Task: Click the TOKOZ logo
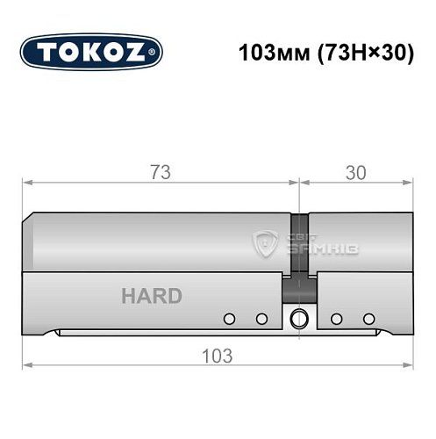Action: click(x=90, y=51)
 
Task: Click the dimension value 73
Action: click(x=160, y=172)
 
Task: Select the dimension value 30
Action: click(x=355, y=172)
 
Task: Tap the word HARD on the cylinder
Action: click(x=152, y=295)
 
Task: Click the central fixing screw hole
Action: click(x=299, y=318)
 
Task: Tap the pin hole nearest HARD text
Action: click(x=230, y=318)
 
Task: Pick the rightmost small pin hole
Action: click(x=368, y=318)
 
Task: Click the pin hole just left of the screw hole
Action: click(x=261, y=318)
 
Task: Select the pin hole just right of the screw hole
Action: click(x=336, y=318)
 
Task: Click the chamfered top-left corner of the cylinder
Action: click(x=28, y=218)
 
